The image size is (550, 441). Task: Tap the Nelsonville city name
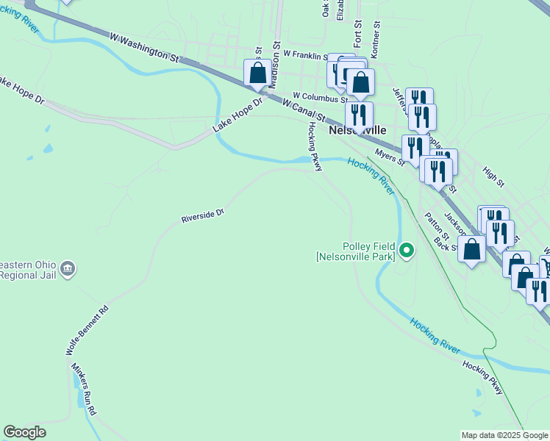click(357, 129)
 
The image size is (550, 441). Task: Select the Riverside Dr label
click(203, 215)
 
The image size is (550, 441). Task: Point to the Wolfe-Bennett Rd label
click(87, 331)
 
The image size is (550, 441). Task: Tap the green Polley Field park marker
click(406, 251)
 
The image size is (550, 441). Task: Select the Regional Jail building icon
click(68, 268)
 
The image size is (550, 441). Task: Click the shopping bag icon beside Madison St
click(257, 73)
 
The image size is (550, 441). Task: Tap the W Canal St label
click(304, 110)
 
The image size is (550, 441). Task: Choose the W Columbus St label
click(320, 96)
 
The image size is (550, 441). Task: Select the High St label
click(493, 176)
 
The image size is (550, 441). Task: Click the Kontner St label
click(377, 34)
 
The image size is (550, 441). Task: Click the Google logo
click(24, 432)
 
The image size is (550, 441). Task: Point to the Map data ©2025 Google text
click(504, 435)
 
